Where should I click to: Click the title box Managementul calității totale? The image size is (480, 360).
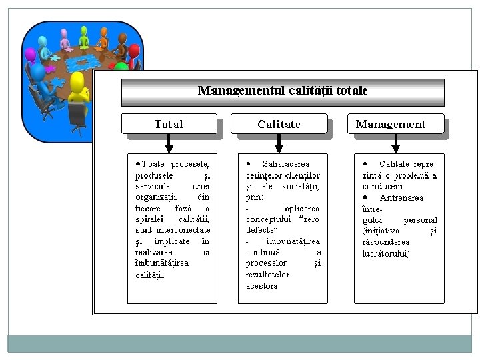pos(283,91)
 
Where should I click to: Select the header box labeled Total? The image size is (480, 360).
pos(169,124)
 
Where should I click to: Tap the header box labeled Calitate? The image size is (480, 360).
pos(279,124)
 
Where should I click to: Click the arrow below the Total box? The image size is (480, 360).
pos(169,143)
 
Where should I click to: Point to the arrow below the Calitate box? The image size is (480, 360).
pos(279,143)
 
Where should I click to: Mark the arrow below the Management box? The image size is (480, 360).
pos(396,143)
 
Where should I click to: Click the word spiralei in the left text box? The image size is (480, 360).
pos(149,219)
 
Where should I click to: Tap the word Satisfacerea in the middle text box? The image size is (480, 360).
pos(286,164)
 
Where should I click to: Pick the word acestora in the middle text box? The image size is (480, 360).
pos(261,286)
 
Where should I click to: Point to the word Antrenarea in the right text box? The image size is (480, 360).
pos(401,197)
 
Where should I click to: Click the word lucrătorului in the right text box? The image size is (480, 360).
pos(386,253)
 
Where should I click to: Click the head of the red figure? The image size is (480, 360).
pos(135,51)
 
